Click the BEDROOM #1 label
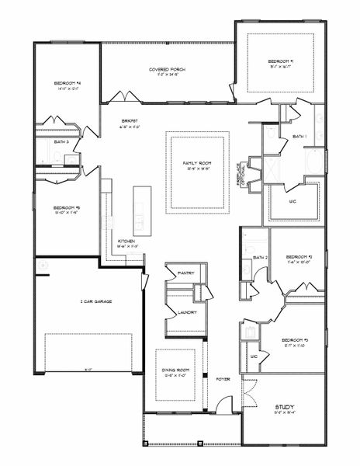click(280, 61)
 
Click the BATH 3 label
click(62, 142)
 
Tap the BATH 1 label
click(299, 136)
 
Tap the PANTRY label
click(185, 273)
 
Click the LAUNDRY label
click(186, 312)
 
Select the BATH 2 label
click(260, 257)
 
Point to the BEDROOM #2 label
click(298, 257)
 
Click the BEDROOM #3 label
click(296, 341)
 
